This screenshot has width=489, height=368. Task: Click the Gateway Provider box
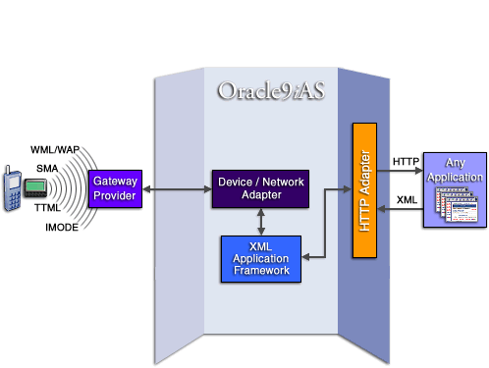[114, 188]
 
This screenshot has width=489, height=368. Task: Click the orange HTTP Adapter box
[365, 190]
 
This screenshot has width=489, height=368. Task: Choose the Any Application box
[454, 190]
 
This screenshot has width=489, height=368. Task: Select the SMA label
[47, 169]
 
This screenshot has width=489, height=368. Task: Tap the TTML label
[48, 209]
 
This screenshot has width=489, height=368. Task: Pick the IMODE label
[61, 228]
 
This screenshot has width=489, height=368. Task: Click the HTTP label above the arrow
[406, 160]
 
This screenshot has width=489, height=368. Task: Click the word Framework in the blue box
[260, 270]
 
